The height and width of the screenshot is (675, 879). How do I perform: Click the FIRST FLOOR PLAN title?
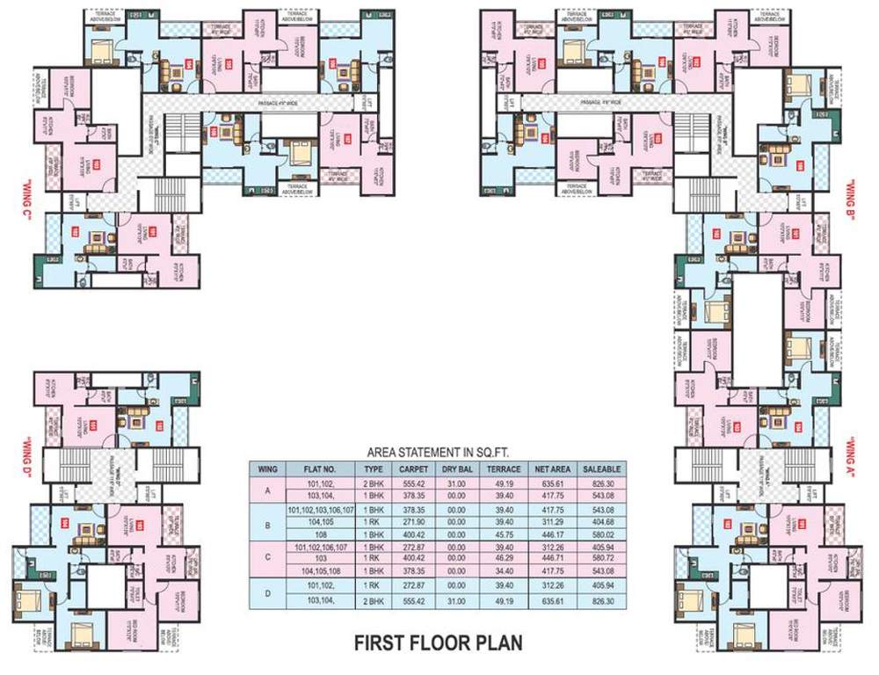point(438,642)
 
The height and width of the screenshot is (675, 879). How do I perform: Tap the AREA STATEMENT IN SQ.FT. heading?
point(439,452)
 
